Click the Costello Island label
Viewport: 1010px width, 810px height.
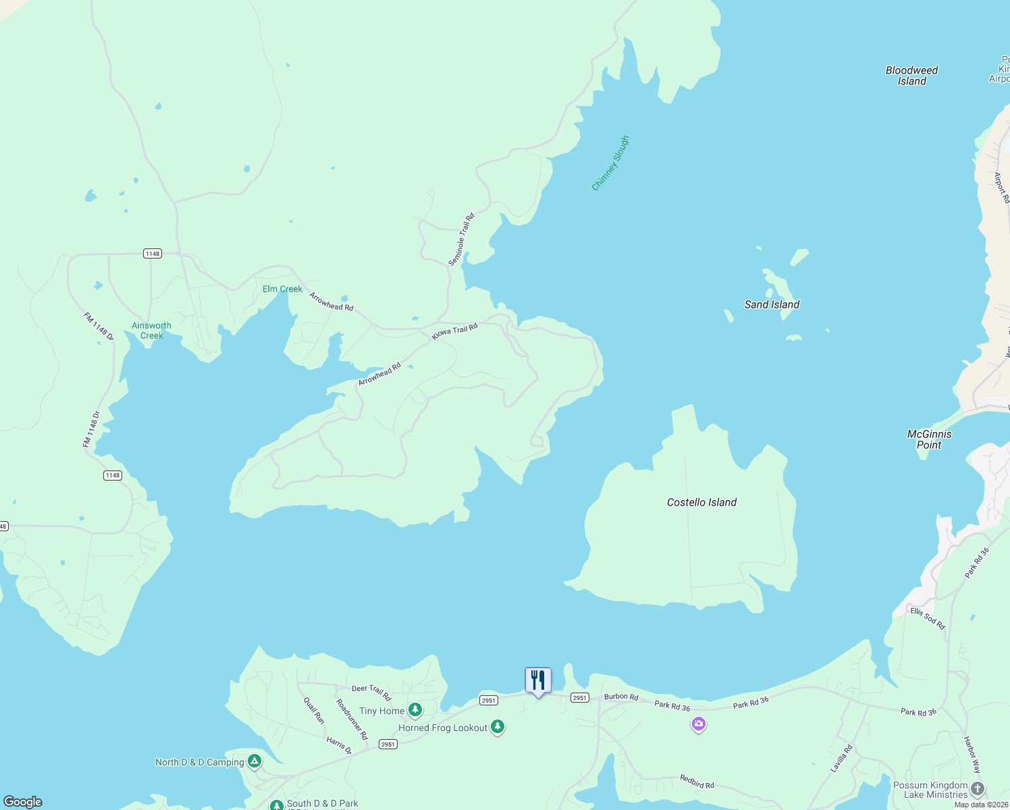point(701,502)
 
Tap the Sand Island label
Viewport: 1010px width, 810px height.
point(772,304)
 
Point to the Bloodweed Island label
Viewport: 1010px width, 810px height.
point(911,76)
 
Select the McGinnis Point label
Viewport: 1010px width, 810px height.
point(929,439)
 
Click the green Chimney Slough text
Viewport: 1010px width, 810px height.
point(610,163)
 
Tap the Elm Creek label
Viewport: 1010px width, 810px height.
point(282,289)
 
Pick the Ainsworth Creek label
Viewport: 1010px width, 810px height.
point(151,331)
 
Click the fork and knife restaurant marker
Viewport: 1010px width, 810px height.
point(538,680)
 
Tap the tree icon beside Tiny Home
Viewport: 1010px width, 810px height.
point(415,710)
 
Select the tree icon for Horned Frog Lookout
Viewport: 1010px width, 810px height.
point(498,727)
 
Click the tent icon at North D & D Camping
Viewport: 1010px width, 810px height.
point(255,761)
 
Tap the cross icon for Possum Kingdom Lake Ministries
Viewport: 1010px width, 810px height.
point(977,788)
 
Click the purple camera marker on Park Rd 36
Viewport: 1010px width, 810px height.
point(699,725)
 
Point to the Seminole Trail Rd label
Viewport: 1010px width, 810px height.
point(462,240)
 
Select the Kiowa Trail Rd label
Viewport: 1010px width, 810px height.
point(454,331)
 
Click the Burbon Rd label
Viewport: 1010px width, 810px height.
point(621,697)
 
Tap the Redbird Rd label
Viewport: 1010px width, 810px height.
point(697,782)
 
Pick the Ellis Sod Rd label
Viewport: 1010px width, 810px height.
point(928,618)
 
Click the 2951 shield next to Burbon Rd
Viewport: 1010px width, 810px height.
point(579,697)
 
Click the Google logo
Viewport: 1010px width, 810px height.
point(23,802)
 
